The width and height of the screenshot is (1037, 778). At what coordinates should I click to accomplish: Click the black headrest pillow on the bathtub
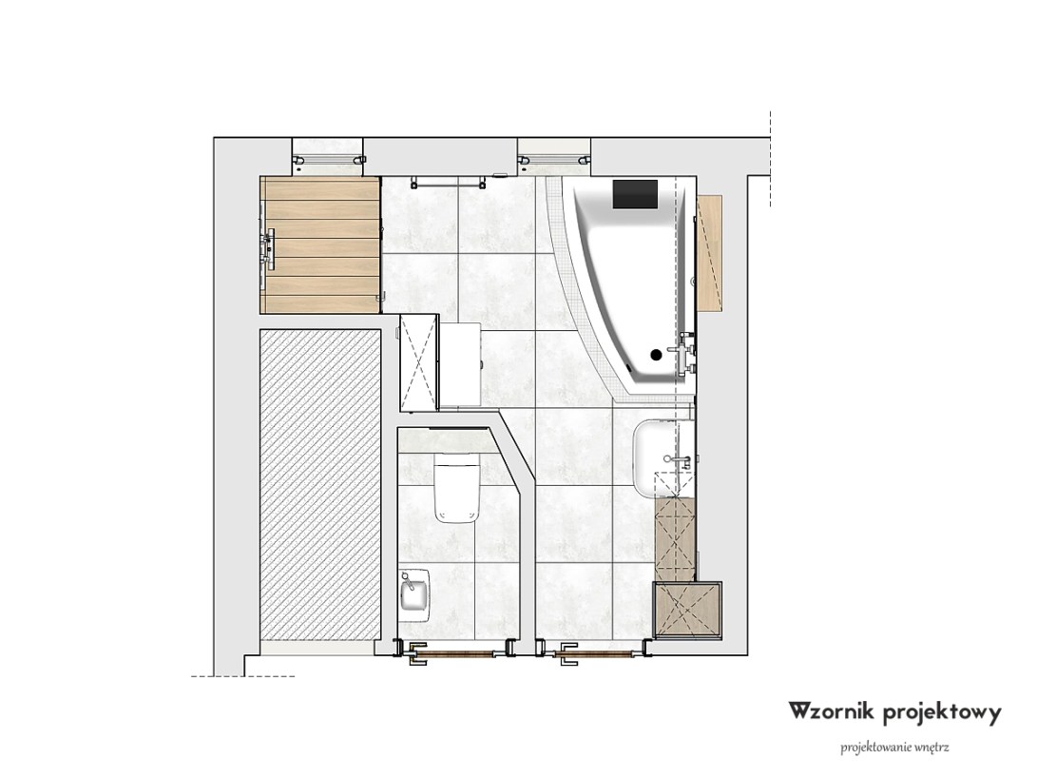pos(635,194)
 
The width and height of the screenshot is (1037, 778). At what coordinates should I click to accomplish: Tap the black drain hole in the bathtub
pos(656,355)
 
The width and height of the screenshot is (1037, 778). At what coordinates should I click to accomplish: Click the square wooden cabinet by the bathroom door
pos(687,610)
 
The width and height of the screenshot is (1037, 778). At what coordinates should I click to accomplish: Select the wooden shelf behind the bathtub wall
pos(709,251)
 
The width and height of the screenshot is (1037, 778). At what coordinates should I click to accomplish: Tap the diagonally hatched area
pos(319,485)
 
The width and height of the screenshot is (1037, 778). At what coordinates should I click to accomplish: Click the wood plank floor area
pos(320,244)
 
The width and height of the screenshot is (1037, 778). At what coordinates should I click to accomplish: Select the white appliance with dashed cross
pos(419,362)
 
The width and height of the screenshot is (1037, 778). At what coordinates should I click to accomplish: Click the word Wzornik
pos(832,711)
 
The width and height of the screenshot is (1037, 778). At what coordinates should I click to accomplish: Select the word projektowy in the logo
pos(942,714)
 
